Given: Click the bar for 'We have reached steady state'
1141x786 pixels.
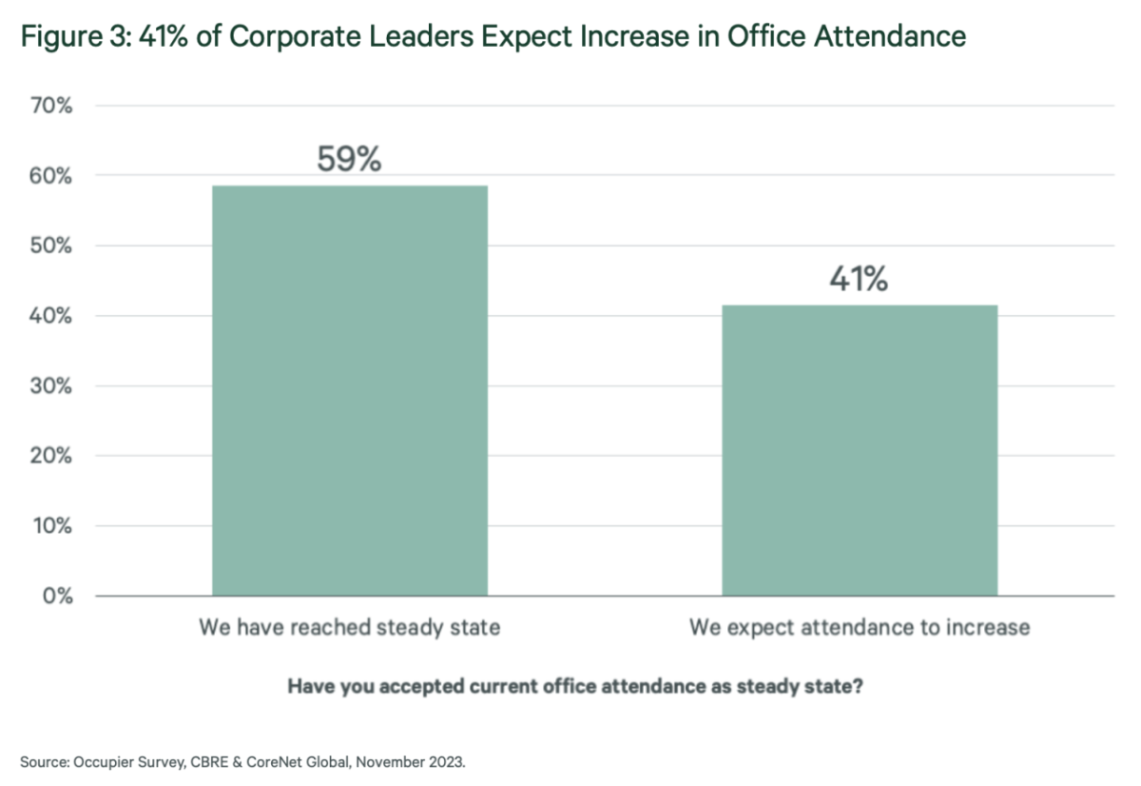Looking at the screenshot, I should pyautogui.click(x=349, y=390).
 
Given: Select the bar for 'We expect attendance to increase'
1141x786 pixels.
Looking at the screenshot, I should pyautogui.click(x=860, y=450).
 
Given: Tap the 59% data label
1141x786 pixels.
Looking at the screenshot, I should pyautogui.click(x=349, y=159).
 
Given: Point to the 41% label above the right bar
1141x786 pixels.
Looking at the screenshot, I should pyautogui.click(x=859, y=280).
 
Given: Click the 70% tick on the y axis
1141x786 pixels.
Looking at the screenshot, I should pyautogui.click(x=53, y=106).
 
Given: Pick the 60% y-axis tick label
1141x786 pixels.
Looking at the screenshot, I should pyautogui.click(x=53, y=176).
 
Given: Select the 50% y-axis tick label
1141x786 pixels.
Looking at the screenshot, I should pyautogui.click(x=53, y=246).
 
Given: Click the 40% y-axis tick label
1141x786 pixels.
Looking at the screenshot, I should pyautogui.click(x=53, y=316).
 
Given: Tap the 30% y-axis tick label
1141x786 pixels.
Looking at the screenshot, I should pyautogui.click(x=53, y=386).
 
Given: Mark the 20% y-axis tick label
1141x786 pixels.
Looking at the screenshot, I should pyautogui.click(x=53, y=456).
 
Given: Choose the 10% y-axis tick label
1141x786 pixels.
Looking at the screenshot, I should pyautogui.click(x=53, y=526).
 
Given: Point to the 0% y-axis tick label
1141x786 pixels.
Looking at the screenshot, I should pyautogui.click(x=58, y=597).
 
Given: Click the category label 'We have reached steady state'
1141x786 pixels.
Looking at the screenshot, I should pyautogui.click(x=349, y=628).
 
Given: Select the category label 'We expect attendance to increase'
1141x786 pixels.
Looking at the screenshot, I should pyautogui.click(x=860, y=628).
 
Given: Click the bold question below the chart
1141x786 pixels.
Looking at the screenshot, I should pyautogui.click(x=575, y=687).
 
